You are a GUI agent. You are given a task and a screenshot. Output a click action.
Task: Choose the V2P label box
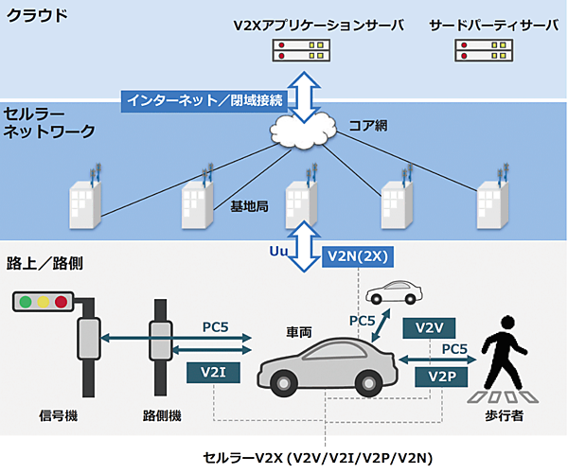point(442,377)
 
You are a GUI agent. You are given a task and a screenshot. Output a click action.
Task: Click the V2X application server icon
point(306,51)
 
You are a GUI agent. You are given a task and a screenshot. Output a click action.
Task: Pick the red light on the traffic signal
point(62,303)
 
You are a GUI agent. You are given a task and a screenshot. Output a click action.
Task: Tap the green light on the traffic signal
point(27,303)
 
